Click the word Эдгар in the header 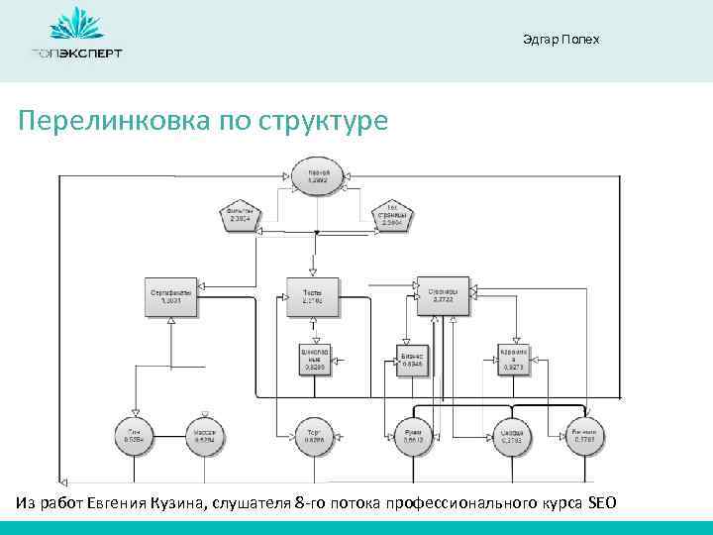(539, 40)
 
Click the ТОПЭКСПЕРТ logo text (76, 53)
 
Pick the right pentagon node (391, 217)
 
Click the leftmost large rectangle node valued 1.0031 (170, 297)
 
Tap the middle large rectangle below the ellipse (312, 297)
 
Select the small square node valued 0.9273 (514, 359)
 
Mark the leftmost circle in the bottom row (134, 436)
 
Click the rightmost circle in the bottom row (583, 436)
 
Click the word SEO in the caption (601, 503)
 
